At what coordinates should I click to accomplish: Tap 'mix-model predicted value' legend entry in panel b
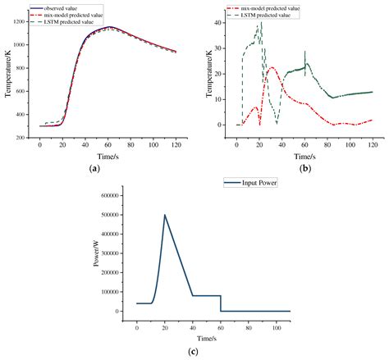[x=277, y=7]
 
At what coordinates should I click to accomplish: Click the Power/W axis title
[x=95, y=253]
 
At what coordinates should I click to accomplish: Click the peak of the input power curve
[x=165, y=216]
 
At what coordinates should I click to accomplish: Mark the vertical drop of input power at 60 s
[x=221, y=303]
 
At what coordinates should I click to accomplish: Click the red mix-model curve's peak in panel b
[x=272, y=68]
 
